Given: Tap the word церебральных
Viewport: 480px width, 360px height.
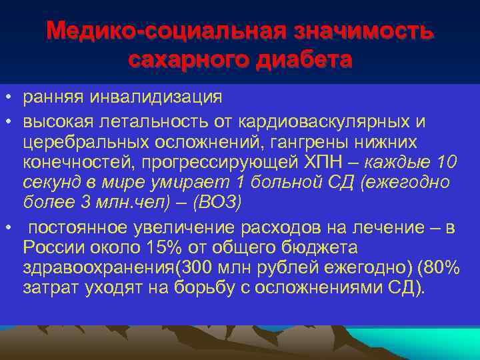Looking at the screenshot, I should coord(85,142).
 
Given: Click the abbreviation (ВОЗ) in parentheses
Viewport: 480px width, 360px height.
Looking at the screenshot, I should coord(220,202).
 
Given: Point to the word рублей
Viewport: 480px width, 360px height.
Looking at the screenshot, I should coord(298,268).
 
